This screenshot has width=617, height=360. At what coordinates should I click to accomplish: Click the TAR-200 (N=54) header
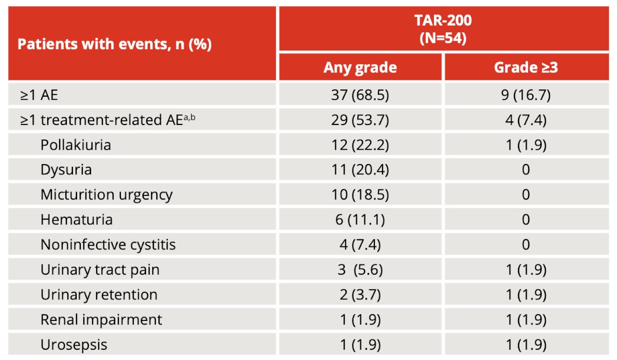(x=443, y=29)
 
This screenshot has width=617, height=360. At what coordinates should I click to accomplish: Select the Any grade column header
(x=360, y=68)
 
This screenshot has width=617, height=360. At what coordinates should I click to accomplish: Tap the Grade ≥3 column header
(x=526, y=67)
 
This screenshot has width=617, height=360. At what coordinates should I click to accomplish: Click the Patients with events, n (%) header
(x=115, y=44)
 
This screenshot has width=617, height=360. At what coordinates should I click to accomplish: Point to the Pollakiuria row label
(x=76, y=145)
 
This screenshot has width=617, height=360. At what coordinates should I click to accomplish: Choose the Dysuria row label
(x=66, y=170)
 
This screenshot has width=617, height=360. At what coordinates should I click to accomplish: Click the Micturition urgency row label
(x=106, y=195)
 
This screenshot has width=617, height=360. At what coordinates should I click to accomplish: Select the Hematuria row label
(x=77, y=220)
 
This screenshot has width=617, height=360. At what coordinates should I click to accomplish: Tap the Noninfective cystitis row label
(x=108, y=245)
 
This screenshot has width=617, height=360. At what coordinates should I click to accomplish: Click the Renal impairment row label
(x=101, y=320)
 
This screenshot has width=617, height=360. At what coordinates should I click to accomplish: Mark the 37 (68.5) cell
(x=360, y=95)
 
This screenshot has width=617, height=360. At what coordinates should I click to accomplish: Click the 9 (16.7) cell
(x=526, y=95)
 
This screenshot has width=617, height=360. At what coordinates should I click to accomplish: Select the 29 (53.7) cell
(x=360, y=120)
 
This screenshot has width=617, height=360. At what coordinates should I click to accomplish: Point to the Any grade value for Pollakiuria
(x=360, y=145)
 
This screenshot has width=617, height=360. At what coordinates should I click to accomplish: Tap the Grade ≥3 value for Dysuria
(x=526, y=170)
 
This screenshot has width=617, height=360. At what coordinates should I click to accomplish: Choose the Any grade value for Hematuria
(x=360, y=220)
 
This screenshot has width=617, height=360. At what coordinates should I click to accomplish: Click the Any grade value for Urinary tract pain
(x=360, y=269)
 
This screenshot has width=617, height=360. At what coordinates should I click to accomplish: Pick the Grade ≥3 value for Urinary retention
(x=526, y=295)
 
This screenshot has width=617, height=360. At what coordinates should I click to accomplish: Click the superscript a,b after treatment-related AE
(x=190, y=118)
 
